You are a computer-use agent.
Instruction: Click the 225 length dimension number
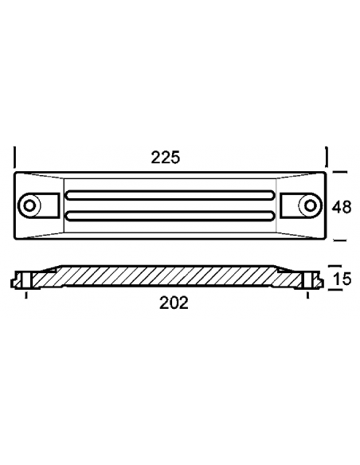coord(166,158)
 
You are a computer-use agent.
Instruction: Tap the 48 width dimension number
coord(342,206)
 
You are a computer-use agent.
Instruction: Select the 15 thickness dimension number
coord(343,279)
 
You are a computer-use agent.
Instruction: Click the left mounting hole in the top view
coord(30,205)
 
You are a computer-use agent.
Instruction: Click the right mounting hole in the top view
coord(307,205)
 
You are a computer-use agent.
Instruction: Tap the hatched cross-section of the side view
coord(167,278)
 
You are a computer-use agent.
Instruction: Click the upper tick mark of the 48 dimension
coord(339,172)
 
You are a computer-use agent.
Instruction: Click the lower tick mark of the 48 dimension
coord(339,239)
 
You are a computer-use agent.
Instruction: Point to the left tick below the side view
coord(27,296)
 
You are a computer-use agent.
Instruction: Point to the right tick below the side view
coord(307,296)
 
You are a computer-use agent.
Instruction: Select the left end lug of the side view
coord(24,280)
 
